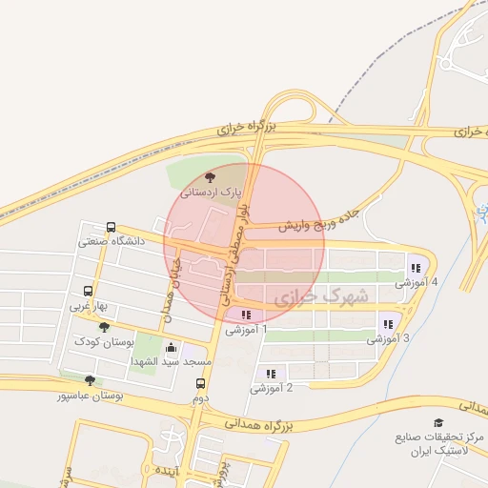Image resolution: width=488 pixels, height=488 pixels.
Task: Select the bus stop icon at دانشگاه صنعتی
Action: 112,228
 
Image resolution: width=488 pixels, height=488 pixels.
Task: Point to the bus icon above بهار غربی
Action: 89,293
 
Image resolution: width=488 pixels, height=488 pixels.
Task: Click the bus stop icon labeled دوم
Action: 200,384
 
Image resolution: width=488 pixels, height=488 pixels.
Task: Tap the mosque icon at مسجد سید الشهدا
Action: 172,348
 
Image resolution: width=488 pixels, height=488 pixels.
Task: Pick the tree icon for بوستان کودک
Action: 117,327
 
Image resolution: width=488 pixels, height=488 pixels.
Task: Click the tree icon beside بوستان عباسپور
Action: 90,380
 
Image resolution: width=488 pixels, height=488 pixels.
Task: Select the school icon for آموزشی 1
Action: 246,315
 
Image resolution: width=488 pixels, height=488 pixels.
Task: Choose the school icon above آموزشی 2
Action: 271,374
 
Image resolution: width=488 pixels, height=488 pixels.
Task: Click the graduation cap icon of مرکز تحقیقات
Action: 438,422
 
